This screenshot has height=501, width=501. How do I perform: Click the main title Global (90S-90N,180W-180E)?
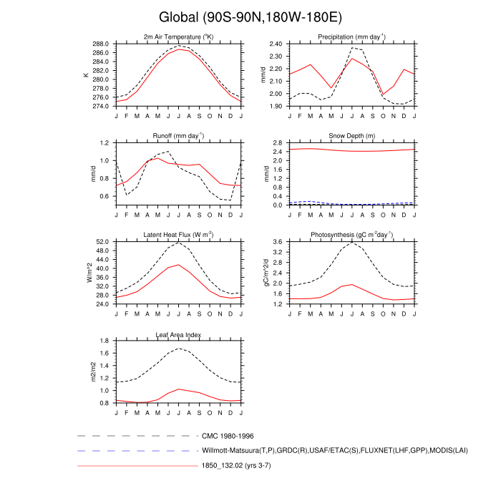[x=250, y=16]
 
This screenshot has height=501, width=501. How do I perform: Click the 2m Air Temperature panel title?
[x=178, y=37]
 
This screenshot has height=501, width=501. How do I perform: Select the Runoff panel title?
[x=178, y=135]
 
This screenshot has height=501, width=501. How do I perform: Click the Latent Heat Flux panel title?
[x=178, y=235]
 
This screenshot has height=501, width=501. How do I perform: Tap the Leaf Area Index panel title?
[x=178, y=334]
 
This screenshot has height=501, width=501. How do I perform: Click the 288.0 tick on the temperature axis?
[x=102, y=44]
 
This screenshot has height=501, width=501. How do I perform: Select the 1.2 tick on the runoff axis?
[x=106, y=143]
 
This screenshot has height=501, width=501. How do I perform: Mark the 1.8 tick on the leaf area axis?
[x=106, y=341]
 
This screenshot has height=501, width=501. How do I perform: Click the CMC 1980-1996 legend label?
[x=228, y=435]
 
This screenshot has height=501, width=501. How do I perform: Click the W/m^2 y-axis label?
[x=89, y=273]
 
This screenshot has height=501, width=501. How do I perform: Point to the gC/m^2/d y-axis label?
[x=264, y=273]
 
